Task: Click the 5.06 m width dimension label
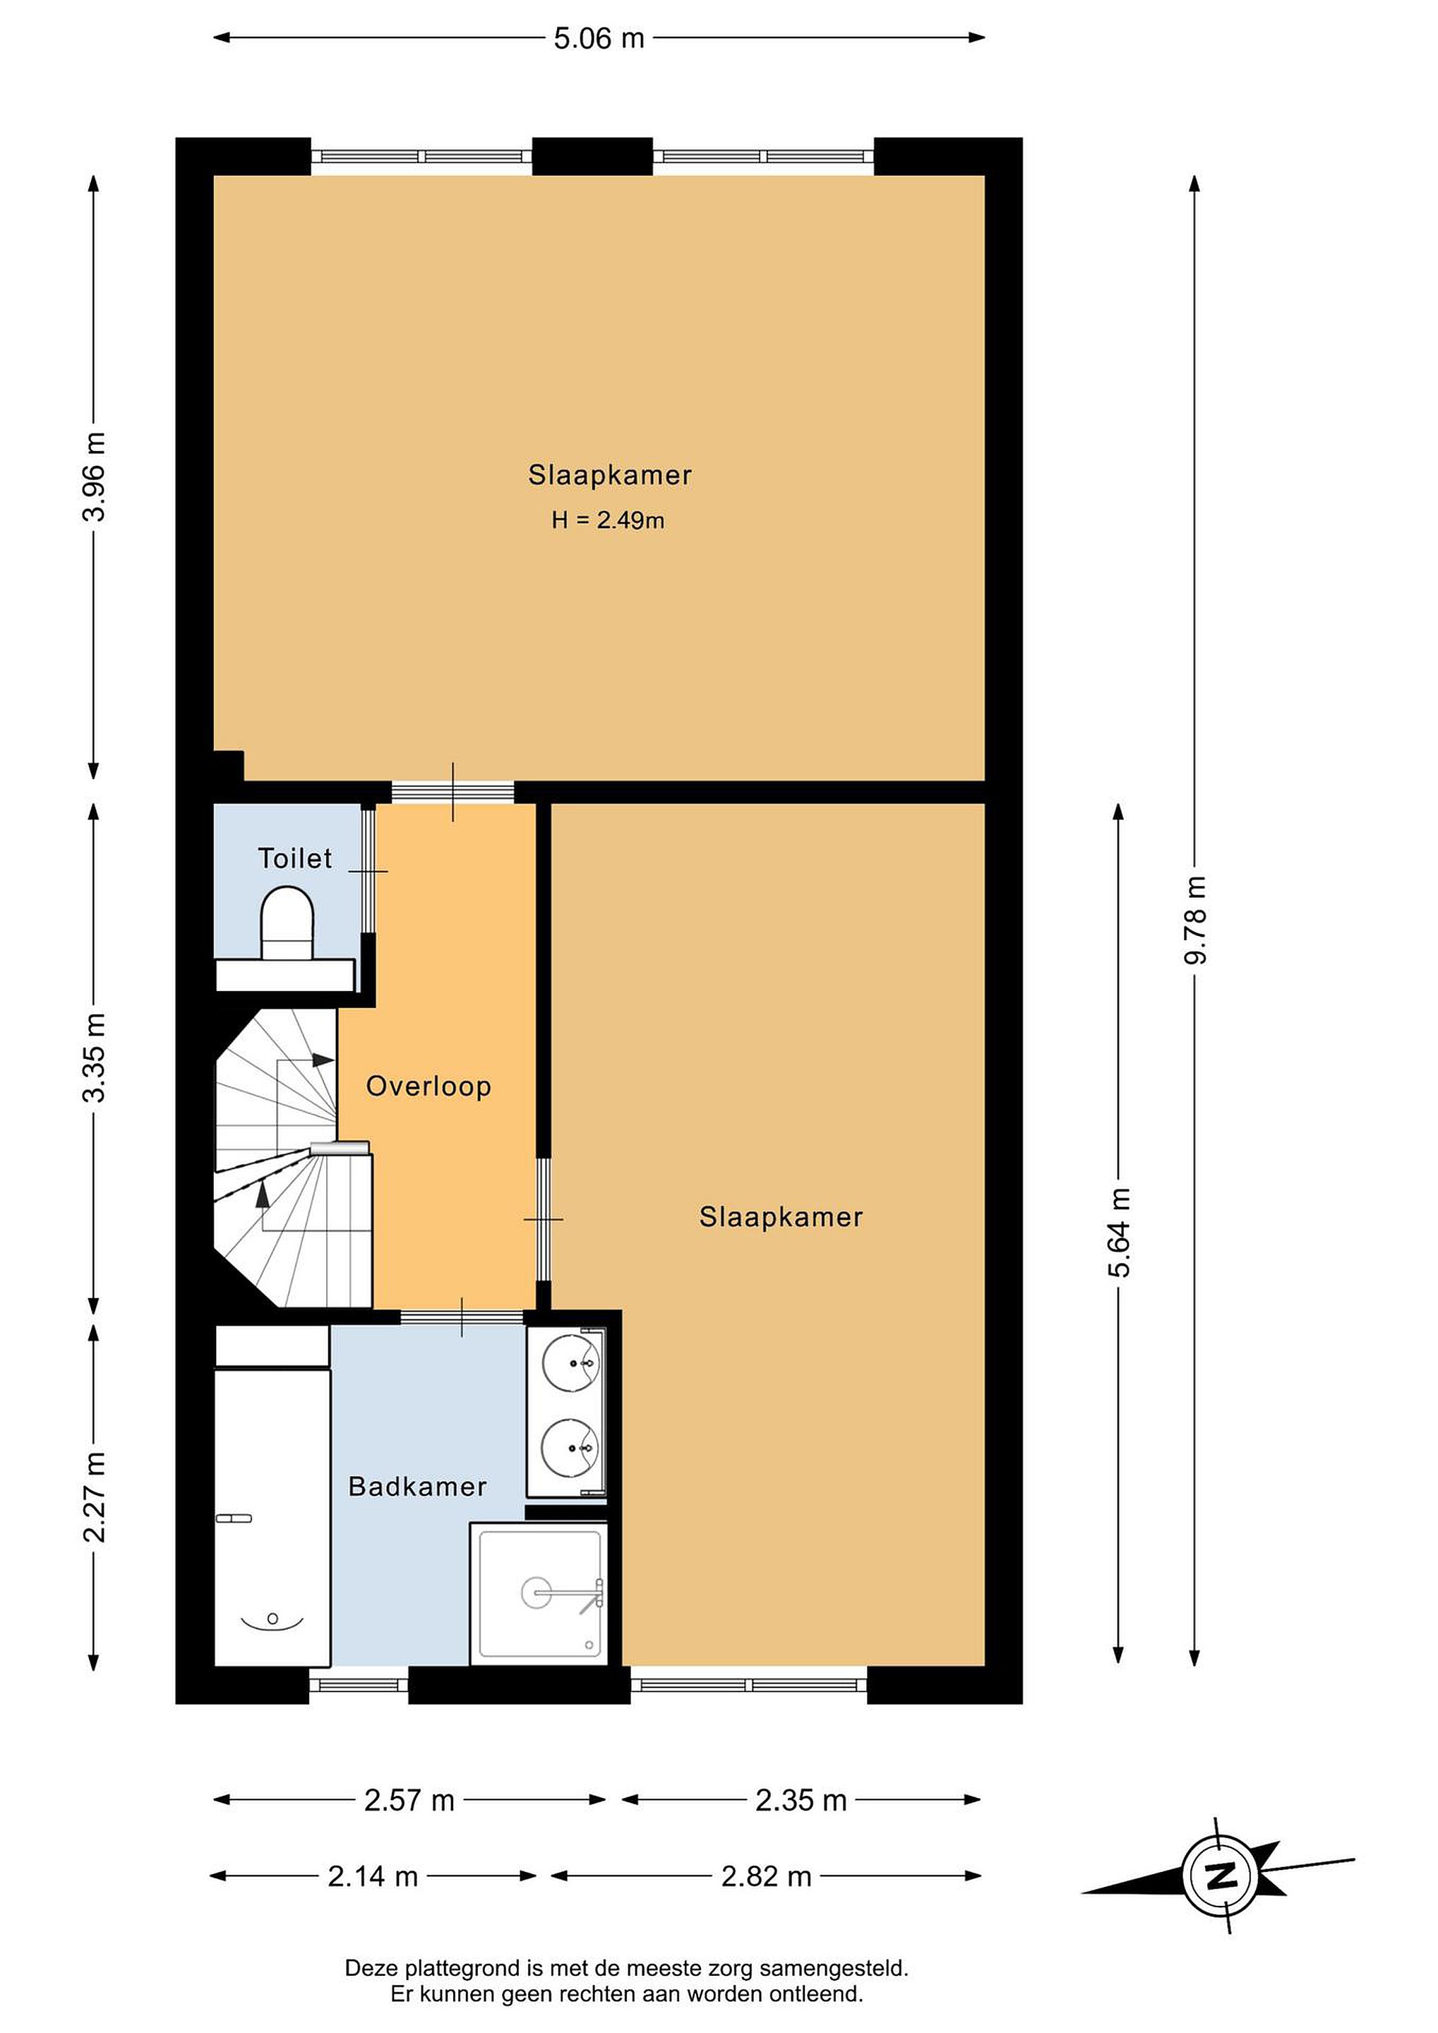click(599, 39)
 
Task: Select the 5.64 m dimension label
click(1119, 1233)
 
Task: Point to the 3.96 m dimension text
click(94, 477)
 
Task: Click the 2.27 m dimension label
click(94, 1497)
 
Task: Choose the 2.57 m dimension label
click(409, 1800)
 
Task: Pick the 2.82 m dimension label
click(766, 1876)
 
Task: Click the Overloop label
click(429, 1086)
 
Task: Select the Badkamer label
click(417, 1487)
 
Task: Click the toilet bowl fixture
click(287, 923)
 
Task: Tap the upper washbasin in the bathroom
click(571, 1364)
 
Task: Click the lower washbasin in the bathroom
click(571, 1448)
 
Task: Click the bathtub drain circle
click(272, 1619)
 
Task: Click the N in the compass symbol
click(1222, 1876)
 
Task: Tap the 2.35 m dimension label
click(801, 1800)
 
